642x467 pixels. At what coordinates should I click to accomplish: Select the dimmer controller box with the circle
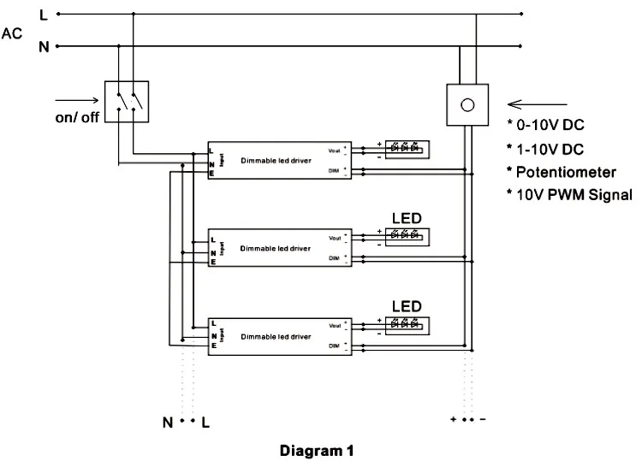coord(467,104)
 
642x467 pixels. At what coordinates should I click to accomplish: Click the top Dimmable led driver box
coord(279,160)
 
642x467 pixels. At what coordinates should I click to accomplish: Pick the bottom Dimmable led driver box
coord(279,336)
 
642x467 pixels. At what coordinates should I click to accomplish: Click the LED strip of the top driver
coord(407,148)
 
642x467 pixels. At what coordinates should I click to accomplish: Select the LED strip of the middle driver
coord(407,235)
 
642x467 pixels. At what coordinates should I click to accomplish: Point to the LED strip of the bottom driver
coord(407,324)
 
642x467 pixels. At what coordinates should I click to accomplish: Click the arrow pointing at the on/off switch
coord(77,99)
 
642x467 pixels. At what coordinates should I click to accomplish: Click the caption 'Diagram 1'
coord(316,450)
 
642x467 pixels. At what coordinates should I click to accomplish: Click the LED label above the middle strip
coord(407,216)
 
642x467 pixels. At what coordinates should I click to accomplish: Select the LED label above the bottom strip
coord(407,304)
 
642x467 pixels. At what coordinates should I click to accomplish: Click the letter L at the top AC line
coord(44,15)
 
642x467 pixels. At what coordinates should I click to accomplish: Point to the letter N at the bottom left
coord(169,423)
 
